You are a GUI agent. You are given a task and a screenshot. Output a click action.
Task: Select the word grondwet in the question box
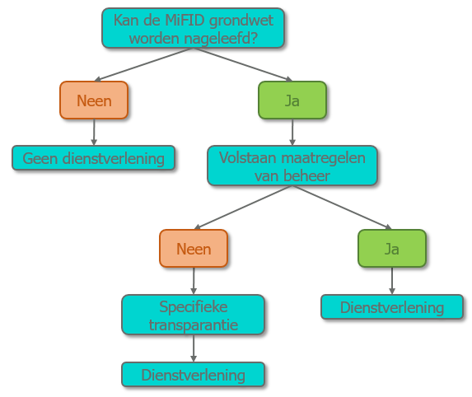[x=241, y=21]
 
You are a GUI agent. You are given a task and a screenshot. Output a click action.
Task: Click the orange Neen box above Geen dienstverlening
[x=94, y=100]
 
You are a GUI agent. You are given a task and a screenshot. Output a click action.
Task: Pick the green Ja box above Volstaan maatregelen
[x=292, y=100]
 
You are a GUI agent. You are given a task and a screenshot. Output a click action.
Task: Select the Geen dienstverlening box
[x=93, y=158]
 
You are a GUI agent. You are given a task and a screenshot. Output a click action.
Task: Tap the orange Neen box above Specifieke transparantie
[x=194, y=248]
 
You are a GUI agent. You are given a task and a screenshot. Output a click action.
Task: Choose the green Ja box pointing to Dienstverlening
[x=392, y=248]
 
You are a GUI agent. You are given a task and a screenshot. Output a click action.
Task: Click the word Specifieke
[x=194, y=307]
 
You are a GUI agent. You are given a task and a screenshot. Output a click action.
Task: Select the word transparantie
[x=194, y=325]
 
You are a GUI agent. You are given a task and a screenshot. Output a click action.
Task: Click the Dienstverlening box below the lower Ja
[x=392, y=307]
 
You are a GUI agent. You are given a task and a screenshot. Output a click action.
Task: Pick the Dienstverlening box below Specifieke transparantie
[x=194, y=375]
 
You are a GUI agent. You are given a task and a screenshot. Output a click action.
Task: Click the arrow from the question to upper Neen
[x=143, y=64]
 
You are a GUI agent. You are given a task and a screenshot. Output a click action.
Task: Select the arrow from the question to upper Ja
[x=243, y=64]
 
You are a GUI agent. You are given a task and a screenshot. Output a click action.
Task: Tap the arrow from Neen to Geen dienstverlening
[x=94, y=132]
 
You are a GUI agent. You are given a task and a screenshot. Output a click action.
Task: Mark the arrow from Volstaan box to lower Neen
[x=244, y=208]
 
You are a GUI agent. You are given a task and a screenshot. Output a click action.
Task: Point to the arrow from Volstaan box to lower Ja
[x=342, y=208]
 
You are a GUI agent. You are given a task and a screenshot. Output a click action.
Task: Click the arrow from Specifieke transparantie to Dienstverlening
[x=194, y=348]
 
